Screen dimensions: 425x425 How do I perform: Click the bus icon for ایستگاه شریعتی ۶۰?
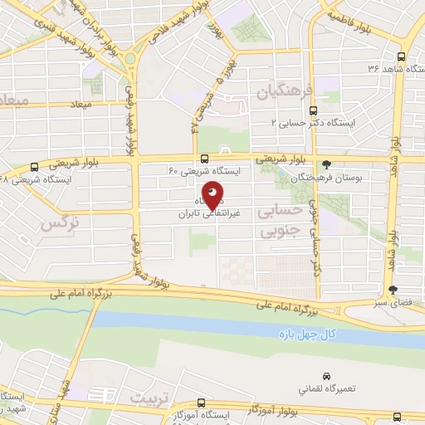coord(204,159)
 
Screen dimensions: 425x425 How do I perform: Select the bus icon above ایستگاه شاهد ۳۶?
coord(402,57)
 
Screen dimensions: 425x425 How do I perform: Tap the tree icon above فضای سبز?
coord(393,290)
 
